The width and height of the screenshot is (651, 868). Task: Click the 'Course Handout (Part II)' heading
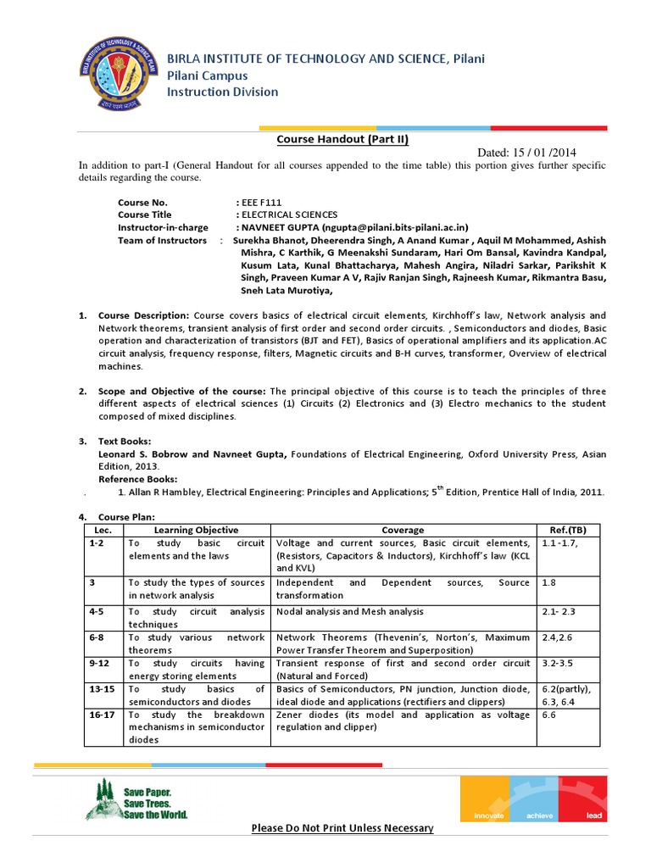tap(337, 139)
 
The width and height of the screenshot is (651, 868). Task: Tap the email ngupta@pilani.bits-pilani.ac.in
tap(397, 227)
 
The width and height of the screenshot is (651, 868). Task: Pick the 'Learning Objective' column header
tap(196, 530)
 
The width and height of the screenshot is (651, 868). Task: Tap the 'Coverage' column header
tap(403, 530)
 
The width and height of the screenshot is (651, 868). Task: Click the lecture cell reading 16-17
tap(99, 715)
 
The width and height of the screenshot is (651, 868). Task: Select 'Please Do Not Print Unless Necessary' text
tap(342, 827)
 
